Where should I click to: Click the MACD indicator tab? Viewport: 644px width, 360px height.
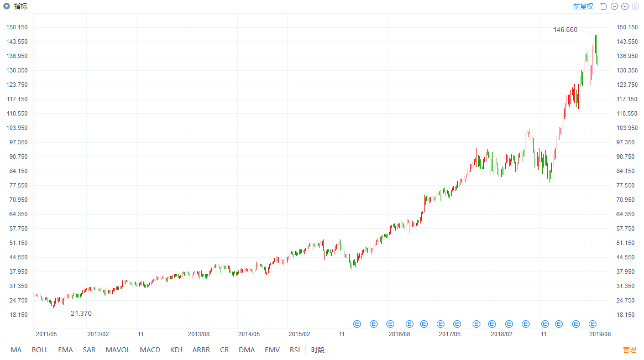(150, 350)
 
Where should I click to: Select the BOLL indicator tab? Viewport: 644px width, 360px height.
(40, 350)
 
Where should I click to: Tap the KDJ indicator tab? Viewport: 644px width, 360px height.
(176, 350)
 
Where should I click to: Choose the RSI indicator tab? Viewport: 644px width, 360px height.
(295, 350)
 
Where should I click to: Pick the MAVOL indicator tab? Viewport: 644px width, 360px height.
(118, 350)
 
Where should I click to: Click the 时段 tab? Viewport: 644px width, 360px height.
(318, 350)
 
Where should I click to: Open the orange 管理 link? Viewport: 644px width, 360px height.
(629, 350)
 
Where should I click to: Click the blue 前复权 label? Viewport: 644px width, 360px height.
(583, 7)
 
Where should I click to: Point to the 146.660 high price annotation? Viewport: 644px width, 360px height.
(565, 30)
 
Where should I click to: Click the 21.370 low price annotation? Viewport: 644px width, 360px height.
(81, 314)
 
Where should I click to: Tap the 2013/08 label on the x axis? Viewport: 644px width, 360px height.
(199, 334)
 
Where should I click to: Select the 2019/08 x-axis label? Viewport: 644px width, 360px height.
(600, 334)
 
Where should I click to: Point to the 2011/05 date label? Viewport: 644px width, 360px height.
(46, 334)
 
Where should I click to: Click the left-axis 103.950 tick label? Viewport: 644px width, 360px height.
(17, 128)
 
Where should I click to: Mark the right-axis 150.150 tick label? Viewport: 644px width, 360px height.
(627, 27)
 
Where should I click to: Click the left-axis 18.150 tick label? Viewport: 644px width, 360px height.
(18, 315)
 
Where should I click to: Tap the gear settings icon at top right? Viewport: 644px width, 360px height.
(635, 7)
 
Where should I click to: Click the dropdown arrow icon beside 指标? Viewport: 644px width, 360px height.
(7, 6)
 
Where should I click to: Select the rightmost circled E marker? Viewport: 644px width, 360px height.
(592, 324)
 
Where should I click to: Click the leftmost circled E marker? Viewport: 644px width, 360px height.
(357, 324)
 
